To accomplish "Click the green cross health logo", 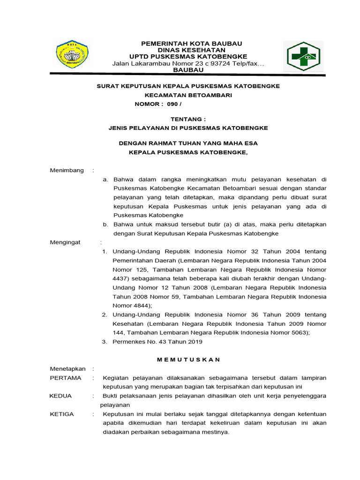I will click(301, 56).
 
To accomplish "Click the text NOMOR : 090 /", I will click(157, 104).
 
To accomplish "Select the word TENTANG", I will click(188, 120).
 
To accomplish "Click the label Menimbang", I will click(67, 170).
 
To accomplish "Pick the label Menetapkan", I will click(67, 369).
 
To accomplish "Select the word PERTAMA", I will click(66, 378).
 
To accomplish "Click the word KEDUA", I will click(61, 396).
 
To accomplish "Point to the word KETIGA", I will click(62, 414).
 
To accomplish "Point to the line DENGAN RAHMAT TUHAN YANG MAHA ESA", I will click(188, 143).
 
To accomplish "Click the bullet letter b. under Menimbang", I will click(106, 225).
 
